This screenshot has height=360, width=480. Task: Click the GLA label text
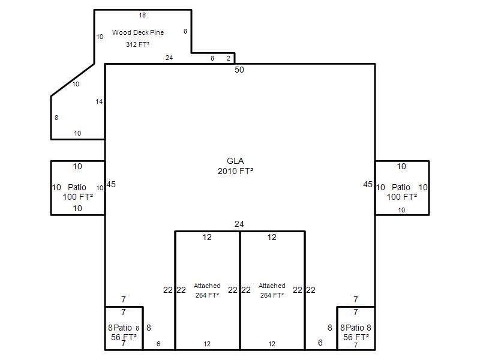click(x=235, y=161)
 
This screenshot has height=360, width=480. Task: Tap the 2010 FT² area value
click(x=235, y=171)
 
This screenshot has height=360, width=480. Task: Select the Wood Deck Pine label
click(x=138, y=32)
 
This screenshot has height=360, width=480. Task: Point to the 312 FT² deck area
click(x=138, y=44)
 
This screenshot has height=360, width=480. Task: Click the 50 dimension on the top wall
click(x=239, y=70)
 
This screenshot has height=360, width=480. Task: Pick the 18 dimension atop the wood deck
click(x=142, y=16)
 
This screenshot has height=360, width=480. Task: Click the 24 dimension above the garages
click(x=239, y=224)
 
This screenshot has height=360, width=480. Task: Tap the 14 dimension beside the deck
click(x=99, y=101)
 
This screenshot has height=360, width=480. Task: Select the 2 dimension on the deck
click(x=229, y=58)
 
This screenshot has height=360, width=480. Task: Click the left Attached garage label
click(x=207, y=286)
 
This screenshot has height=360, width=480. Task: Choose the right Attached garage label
click(x=272, y=286)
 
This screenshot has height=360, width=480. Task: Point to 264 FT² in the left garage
click(x=207, y=295)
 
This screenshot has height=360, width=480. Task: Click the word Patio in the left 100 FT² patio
click(x=77, y=187)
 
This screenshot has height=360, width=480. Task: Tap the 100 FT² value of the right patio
click(x=401, y=197)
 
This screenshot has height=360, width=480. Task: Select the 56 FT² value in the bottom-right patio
click(x=356, y=337)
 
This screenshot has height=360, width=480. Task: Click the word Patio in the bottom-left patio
click(x=123, y=328)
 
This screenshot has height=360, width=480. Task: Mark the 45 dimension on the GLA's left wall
click(x=111, y=184)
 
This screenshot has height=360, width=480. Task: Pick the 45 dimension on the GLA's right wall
click(x=368, y=184)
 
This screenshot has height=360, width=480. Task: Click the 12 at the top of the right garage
click(x=272, y=237)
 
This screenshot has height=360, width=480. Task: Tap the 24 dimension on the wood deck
click(x=169, y=58)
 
